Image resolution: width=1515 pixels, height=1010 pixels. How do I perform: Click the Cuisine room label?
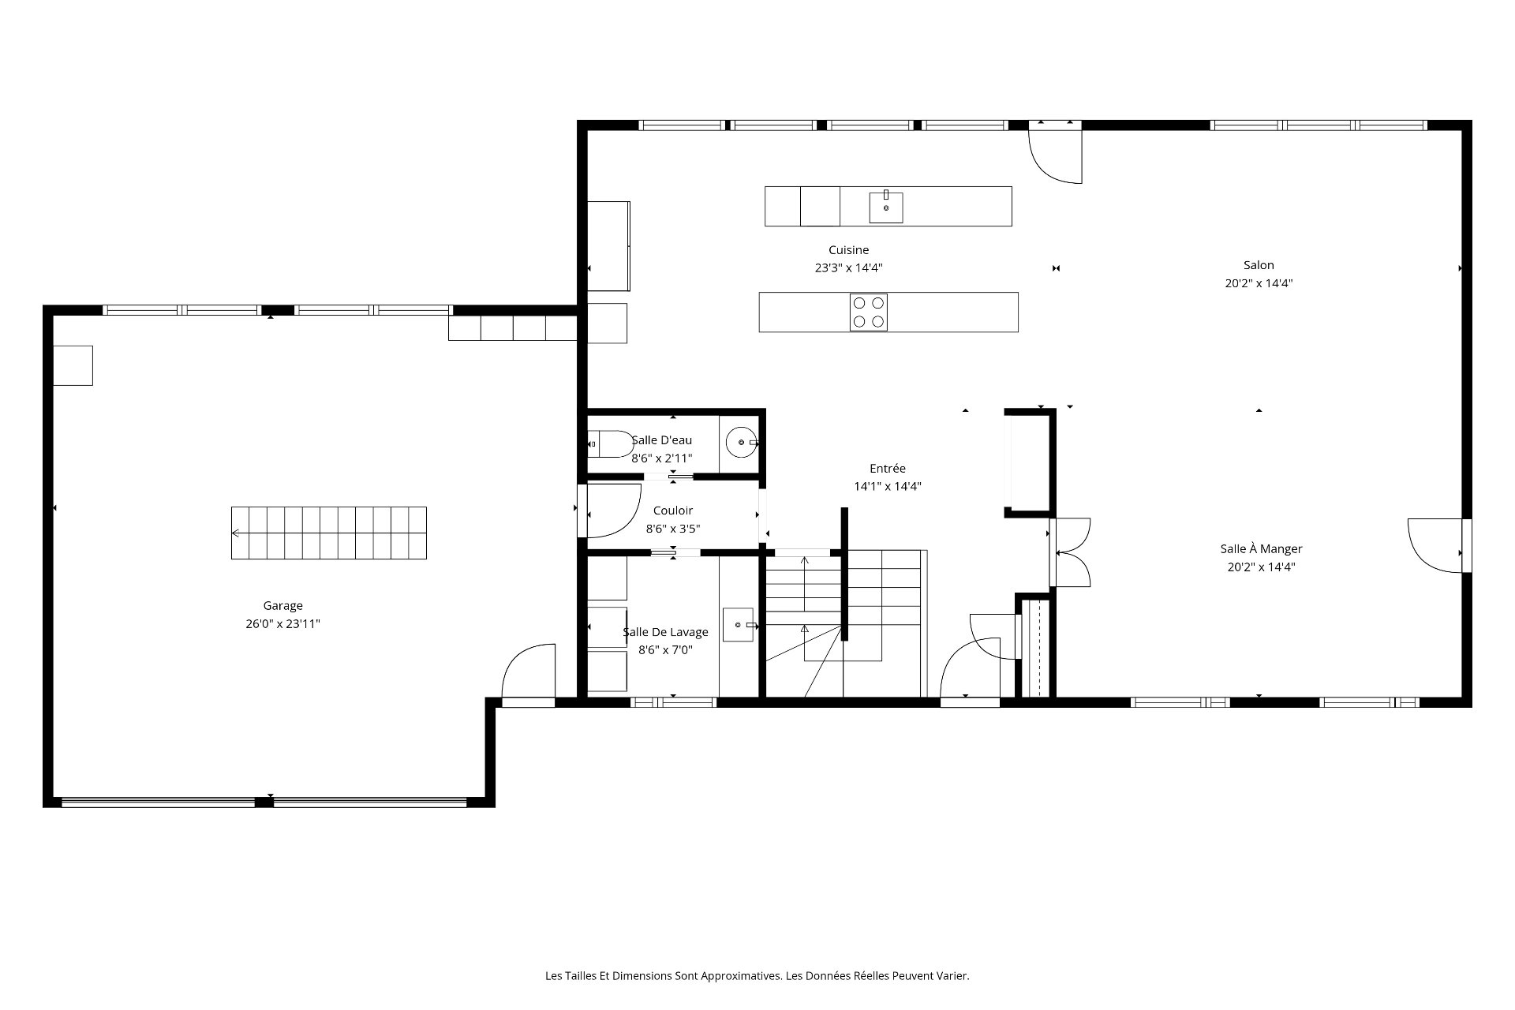click(848, 250)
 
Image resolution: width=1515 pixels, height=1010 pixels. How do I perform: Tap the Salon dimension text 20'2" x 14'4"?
click(1259, 283)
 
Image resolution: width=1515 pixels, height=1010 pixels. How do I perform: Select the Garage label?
click(282, 606)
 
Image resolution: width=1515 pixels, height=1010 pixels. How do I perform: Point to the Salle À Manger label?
click(1261, 549)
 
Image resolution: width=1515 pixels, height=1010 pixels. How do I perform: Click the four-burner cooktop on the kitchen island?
click(869, 312)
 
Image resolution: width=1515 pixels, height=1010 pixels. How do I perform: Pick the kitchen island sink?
click(886, 207)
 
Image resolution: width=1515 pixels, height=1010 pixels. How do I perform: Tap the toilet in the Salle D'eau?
click(610, 444)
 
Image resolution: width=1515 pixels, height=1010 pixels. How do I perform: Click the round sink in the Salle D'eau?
click(742, 443)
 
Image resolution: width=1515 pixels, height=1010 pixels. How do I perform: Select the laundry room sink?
click(739, 625)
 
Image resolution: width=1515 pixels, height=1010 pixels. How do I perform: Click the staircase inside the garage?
click(329, 533)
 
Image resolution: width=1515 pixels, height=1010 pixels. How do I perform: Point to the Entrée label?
click(888, 469)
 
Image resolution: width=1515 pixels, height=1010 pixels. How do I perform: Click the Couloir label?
click(673, 511)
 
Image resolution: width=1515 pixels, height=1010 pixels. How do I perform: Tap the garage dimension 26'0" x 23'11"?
click(282, 624)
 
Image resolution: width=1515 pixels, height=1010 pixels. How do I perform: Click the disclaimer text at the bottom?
click(757, 976)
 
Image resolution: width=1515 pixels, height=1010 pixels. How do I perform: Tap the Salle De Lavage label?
click(665, 632)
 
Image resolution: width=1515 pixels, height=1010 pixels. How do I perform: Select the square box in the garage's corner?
click(73, 365)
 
